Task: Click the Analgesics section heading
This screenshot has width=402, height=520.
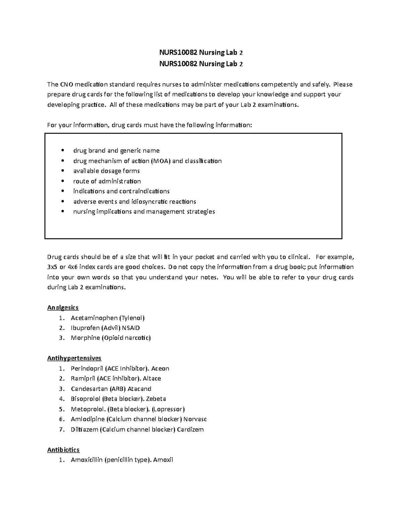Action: (x=63, y=307)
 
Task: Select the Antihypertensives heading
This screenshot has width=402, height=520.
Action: (x=74, y=358)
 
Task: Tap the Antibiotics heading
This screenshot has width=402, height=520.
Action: (x=63, y=450)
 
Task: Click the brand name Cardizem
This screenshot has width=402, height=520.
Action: (x=190, y=429)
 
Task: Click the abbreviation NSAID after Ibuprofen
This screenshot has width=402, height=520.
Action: (x=131, y=328)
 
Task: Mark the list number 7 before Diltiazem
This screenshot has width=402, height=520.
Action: (x=61, y=429)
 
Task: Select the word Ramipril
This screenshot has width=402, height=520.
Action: (x=83, y=378)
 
